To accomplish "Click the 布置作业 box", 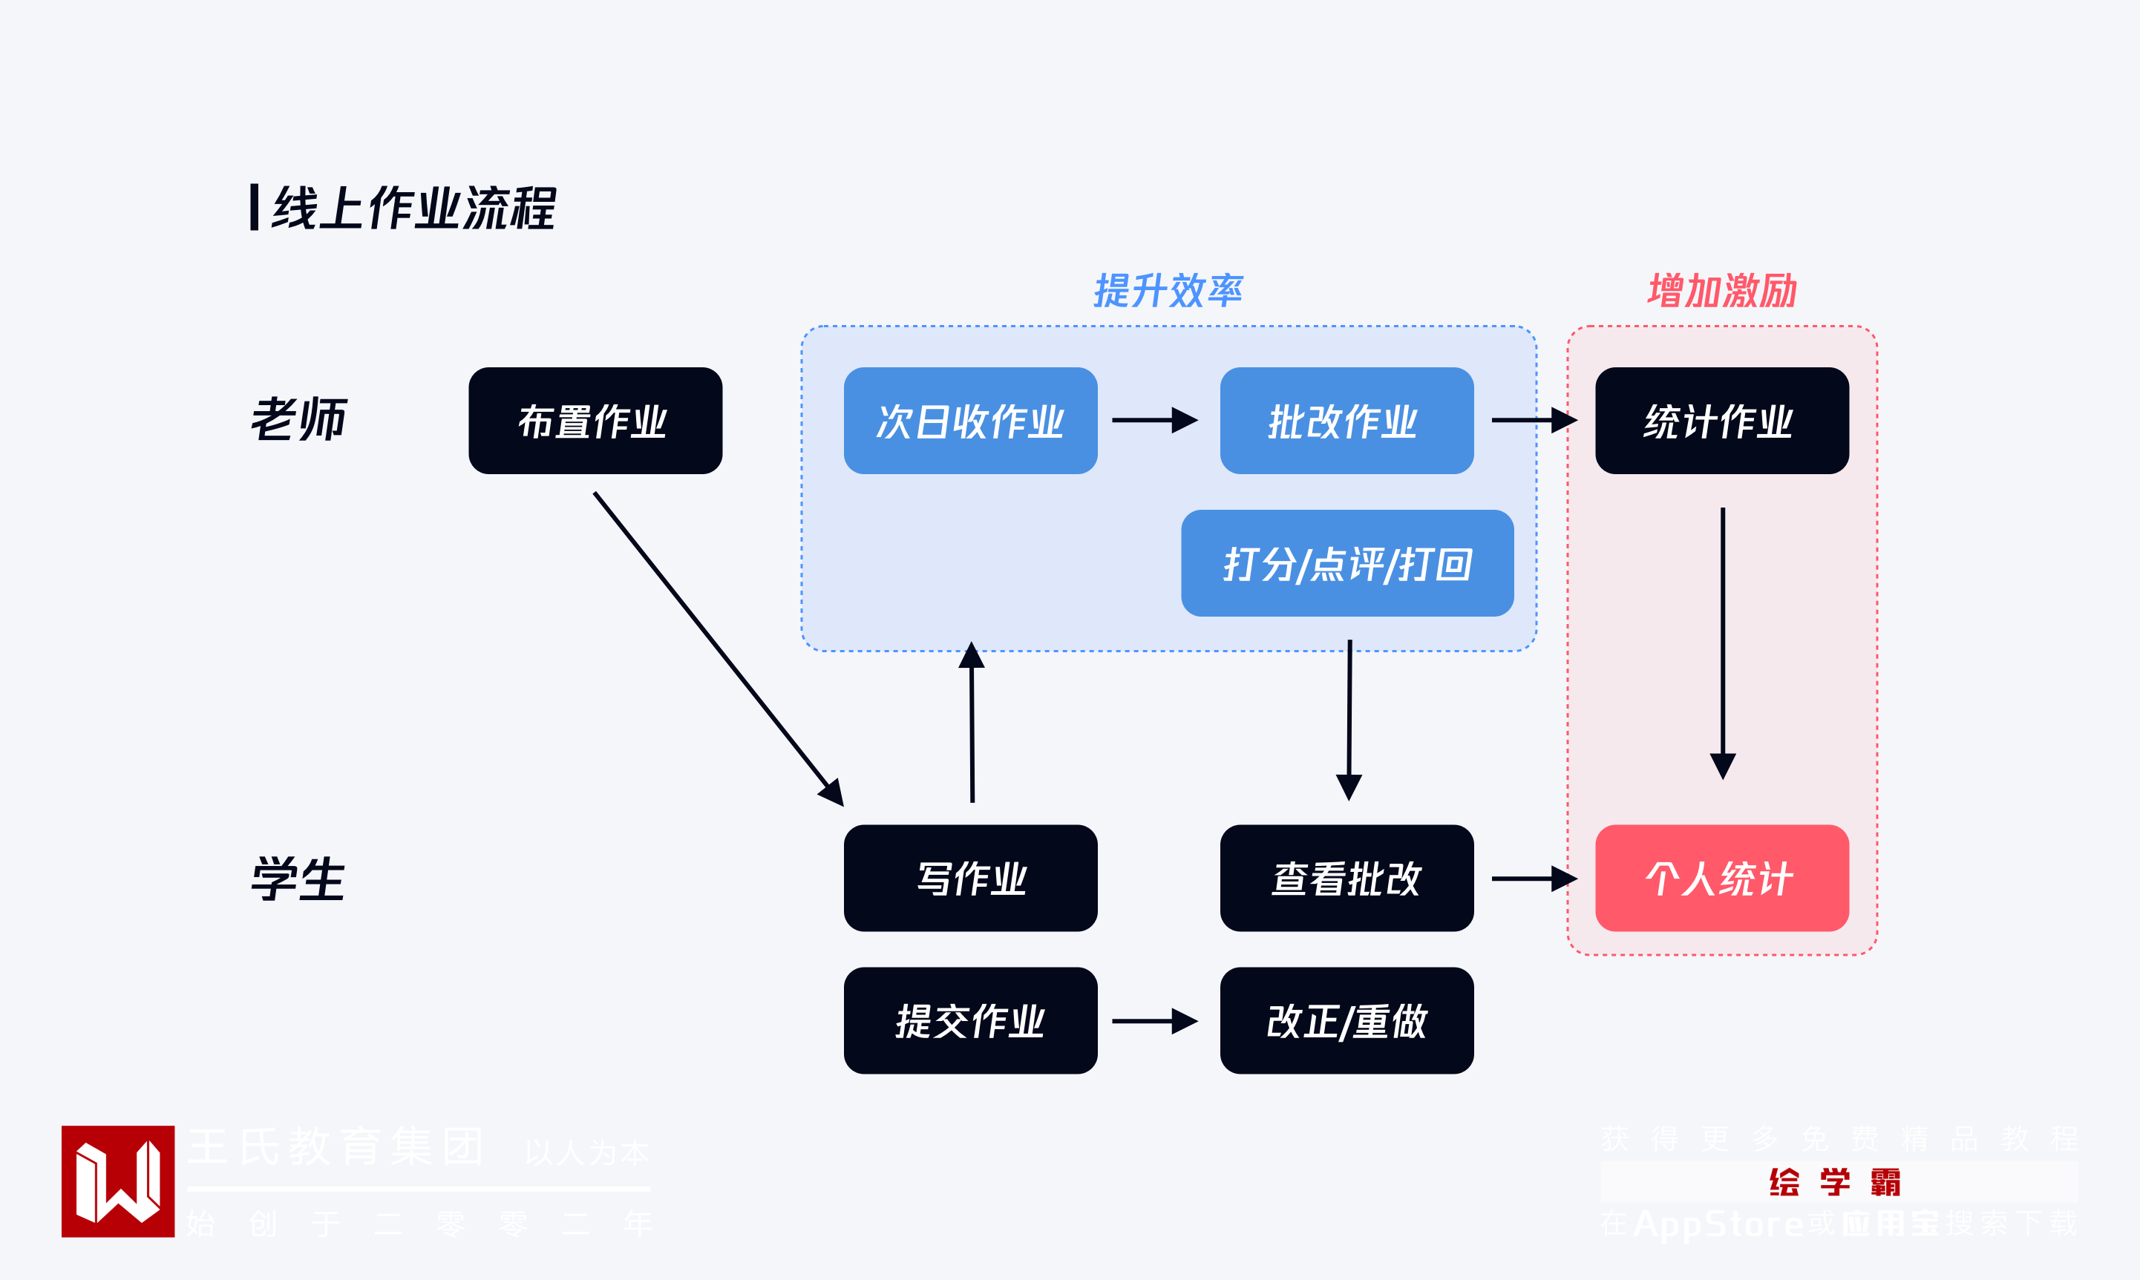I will tap(595, 421).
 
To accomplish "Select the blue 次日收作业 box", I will tap(970, 421).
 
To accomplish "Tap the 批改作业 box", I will tap(1347, 421).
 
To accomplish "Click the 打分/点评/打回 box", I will tap(1347, 563).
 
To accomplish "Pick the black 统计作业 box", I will tap(1721, 421).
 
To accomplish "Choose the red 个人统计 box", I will tap(1721, 878).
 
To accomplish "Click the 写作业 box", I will tap(970, 878).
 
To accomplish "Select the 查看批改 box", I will tap(1347, 878).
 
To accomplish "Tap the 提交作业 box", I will tap(970, 1020).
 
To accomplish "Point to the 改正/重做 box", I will tap(1347, 1020).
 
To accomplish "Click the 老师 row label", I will tap(298, 420).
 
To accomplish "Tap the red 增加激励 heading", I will tap(1721, 291).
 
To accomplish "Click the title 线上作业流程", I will tap(413, 209).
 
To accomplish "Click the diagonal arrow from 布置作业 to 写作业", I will tap(716, 646).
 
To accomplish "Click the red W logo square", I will tap(118, 1181).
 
